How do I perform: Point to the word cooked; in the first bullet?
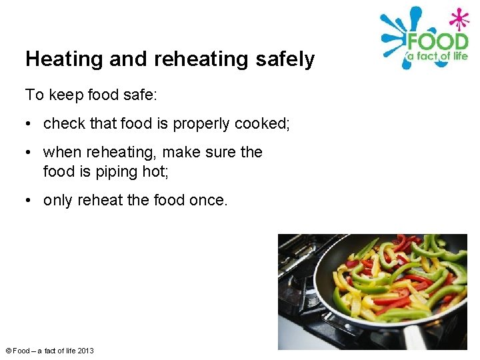click(263, 123)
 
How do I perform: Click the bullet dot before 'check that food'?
click(29, 124)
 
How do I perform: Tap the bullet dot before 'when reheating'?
click(29, 153)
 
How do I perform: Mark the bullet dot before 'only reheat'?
click(29, 201)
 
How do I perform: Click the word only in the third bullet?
click(58, 201)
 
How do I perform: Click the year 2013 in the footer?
click(85, 351)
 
